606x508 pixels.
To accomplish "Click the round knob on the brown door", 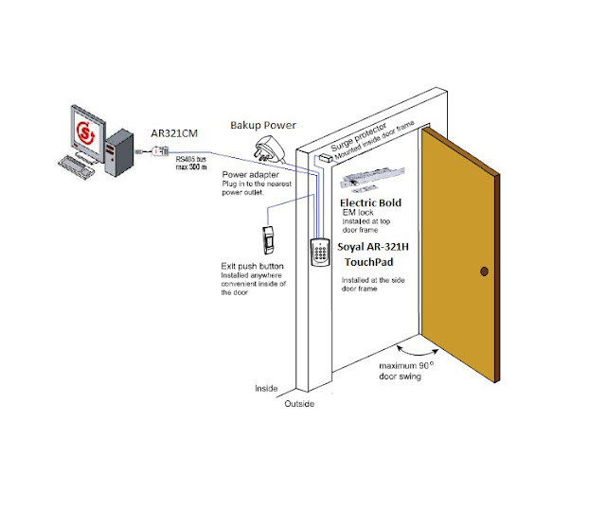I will click(485, 272).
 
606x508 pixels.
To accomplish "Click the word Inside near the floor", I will click(266, 388).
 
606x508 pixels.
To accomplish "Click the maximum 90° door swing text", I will click(406, 370).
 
